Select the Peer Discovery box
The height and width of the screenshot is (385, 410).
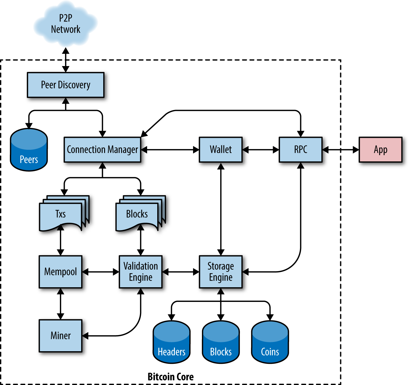click(66, 85)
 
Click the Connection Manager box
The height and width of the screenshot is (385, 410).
click(102, 149)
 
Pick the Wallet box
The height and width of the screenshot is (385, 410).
click(221, 149)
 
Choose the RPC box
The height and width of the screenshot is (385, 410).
click(300, 149)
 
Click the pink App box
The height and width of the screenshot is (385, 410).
click(380, 149)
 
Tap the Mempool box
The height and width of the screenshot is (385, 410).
click(60, 272)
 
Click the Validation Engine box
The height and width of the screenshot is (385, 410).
click(141, 272)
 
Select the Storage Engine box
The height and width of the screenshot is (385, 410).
click(221, 272)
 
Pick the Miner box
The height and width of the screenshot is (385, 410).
click(60, 336)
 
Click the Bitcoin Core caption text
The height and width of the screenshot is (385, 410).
click(170, 377)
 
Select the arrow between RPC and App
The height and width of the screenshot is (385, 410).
click(340, 149)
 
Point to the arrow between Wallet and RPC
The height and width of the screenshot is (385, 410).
click(261, 149)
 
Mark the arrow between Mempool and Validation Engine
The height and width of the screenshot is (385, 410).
click(101, 272)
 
